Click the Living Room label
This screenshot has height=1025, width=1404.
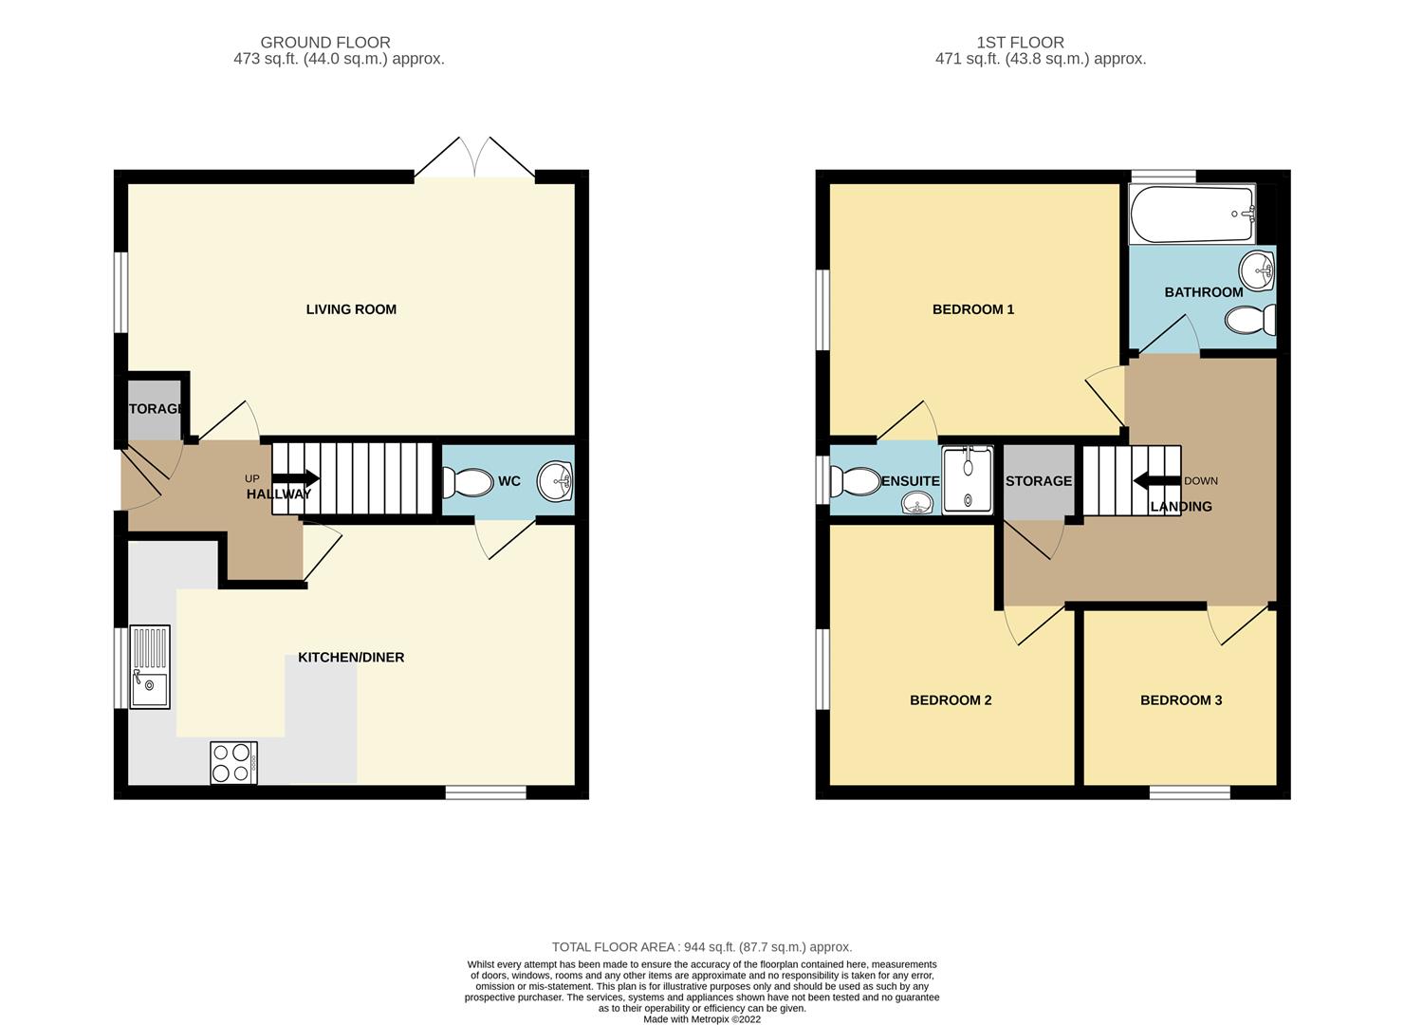pyautogui.click(x=351, y=309)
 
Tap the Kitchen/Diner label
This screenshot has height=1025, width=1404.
pyautogui.click(x=351, y=657)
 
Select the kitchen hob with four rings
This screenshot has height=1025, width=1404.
pyautogui.click(x=233, y=762)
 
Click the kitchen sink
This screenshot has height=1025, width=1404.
pyautogui.click(x=150, y=667)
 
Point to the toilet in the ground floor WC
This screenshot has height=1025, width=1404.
pyautogui.click(x=468, y=482)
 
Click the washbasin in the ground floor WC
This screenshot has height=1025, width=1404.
pyautogui.click(x=555, y=481)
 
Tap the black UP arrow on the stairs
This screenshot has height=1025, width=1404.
pyautogui.click(x=296, y=478)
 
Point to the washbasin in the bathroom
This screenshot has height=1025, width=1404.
pyautogui.click(x=1257, y=270)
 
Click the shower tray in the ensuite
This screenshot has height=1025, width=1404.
pyautogui.click(x=969, y=479)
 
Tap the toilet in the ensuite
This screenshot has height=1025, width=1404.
pyautogui.click(x=856, y=481)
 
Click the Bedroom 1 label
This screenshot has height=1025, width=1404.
pyautogui.click(x=973, y=309)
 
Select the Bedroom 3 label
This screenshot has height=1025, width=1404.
pyautogui.click(x=1181, y=700)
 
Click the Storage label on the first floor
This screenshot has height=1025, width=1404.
pyautogui.click(x=1039, y=481)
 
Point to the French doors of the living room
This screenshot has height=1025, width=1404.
pyautogui.click(x=474, y=158)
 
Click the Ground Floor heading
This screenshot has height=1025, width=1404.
pyautogui.click(x=325, y=43)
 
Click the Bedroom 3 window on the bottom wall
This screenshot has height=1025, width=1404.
pyautogui.click(x=1190, y=793)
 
